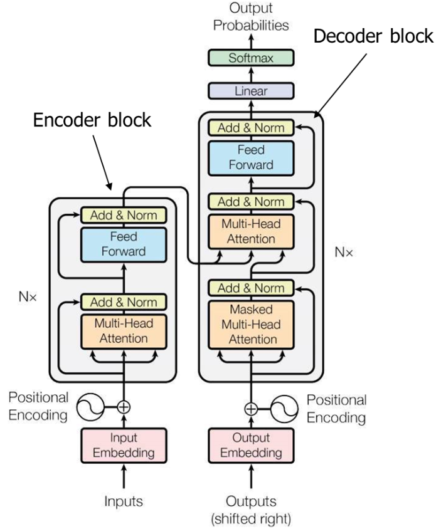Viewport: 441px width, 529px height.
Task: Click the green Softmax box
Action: tap(251, 58)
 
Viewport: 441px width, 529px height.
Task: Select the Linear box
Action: tap(251, 91)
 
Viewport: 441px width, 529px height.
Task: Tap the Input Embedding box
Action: tap(124, 446)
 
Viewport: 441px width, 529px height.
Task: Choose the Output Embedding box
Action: tap(251, 446)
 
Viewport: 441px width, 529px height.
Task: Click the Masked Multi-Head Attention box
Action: tap(251, 325)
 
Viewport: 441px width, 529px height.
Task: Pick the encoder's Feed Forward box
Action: tap(124, 244)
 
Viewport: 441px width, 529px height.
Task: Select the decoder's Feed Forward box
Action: tap(251, 158)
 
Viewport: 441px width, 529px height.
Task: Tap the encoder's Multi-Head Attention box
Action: tap(124, 332)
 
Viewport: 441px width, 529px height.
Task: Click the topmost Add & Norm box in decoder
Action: tap(251, 128)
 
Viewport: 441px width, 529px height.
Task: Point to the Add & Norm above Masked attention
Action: tap(251, 288)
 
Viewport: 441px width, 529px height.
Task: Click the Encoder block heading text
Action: tap(92, 120)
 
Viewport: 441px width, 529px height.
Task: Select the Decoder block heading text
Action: tap(373, 36)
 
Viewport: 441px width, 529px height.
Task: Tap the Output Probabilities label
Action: tap(251, 16)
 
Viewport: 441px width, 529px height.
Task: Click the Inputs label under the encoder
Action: tap(124, 501)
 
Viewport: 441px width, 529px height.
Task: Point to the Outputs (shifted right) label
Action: tap(251, 510)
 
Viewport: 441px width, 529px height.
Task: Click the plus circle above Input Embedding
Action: tap(124, 407)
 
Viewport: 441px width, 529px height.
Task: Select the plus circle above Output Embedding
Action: tap(251, 409)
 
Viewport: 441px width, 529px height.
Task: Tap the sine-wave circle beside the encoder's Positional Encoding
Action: tap(90, 407)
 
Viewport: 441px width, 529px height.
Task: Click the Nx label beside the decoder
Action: tap(344, 252)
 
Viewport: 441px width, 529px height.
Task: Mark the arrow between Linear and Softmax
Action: tap(251, 75)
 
